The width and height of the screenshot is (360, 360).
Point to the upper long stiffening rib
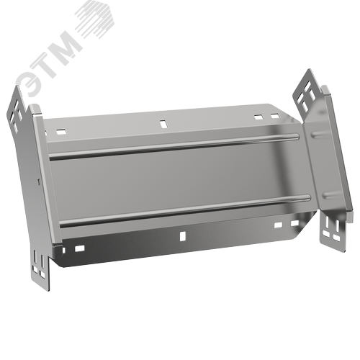tap(174, 146)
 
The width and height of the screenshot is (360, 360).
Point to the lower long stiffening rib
tap(185, 210)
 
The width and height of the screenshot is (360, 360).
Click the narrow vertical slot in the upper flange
tap(163, 124)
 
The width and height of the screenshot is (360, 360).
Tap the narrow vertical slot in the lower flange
tap(183, 235)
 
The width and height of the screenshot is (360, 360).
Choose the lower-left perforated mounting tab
tap(40, 269)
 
